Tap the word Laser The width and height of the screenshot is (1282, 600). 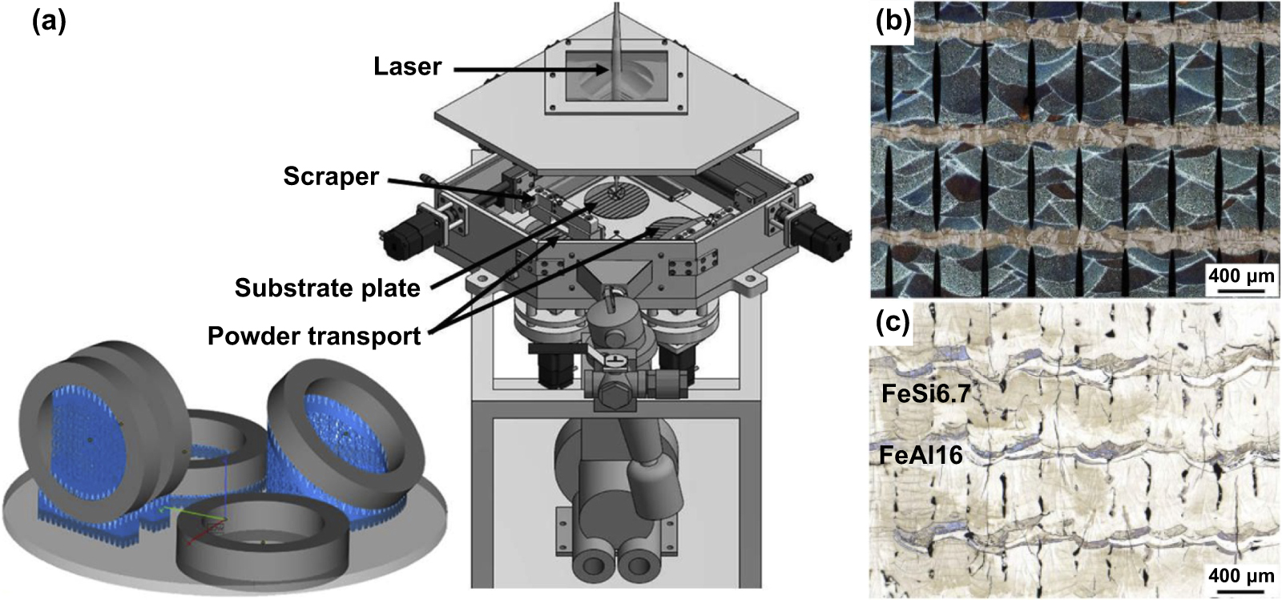pyautogui.click(x=407, y=66)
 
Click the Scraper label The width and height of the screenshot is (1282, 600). pyautogui.click(x=331, y=176)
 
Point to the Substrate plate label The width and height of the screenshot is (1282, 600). pyautogui.click(x=327, y=288)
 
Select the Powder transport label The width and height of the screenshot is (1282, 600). pyautogui.click(x=313, y=336)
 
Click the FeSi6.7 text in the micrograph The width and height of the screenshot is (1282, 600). pyautogui.click(x=920, y=393)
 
